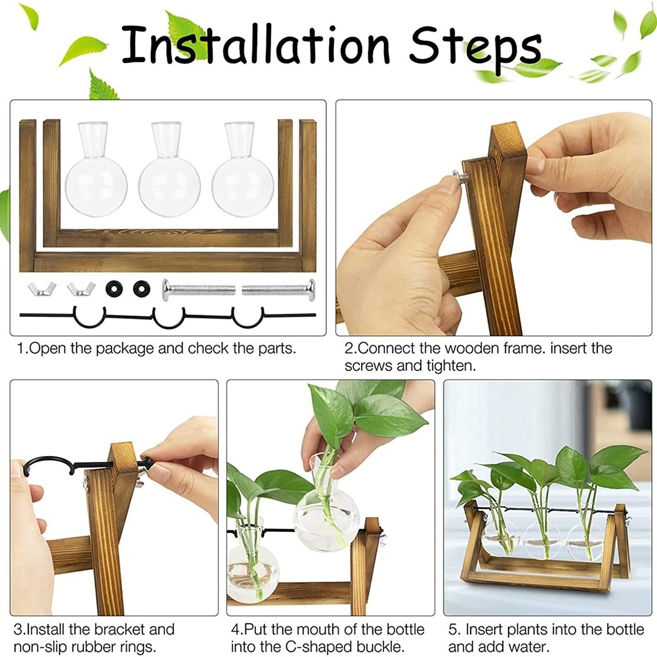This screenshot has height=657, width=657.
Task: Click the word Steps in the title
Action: [475, 48]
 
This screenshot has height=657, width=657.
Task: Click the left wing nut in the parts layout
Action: [42, 289]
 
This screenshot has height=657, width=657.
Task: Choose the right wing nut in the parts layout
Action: [81, 289]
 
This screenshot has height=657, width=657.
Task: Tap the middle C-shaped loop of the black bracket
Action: [169, 317]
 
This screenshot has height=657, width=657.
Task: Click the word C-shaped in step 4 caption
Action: [315, 647]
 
